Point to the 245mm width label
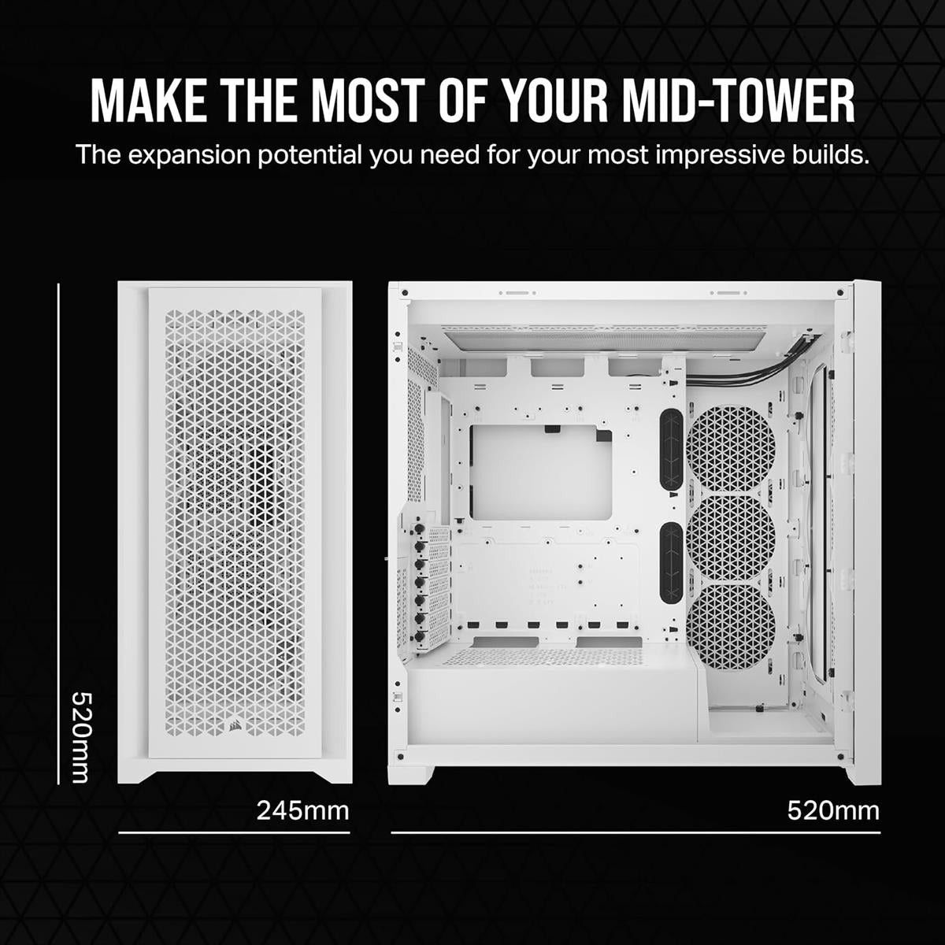(x=302, y=810)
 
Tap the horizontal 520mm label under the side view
(x=833, y=810)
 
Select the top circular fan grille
(x=732, y=450)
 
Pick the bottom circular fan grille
(x=732, y=626)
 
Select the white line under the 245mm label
(x=234, y=832)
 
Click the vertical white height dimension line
(x=59, y=535)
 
